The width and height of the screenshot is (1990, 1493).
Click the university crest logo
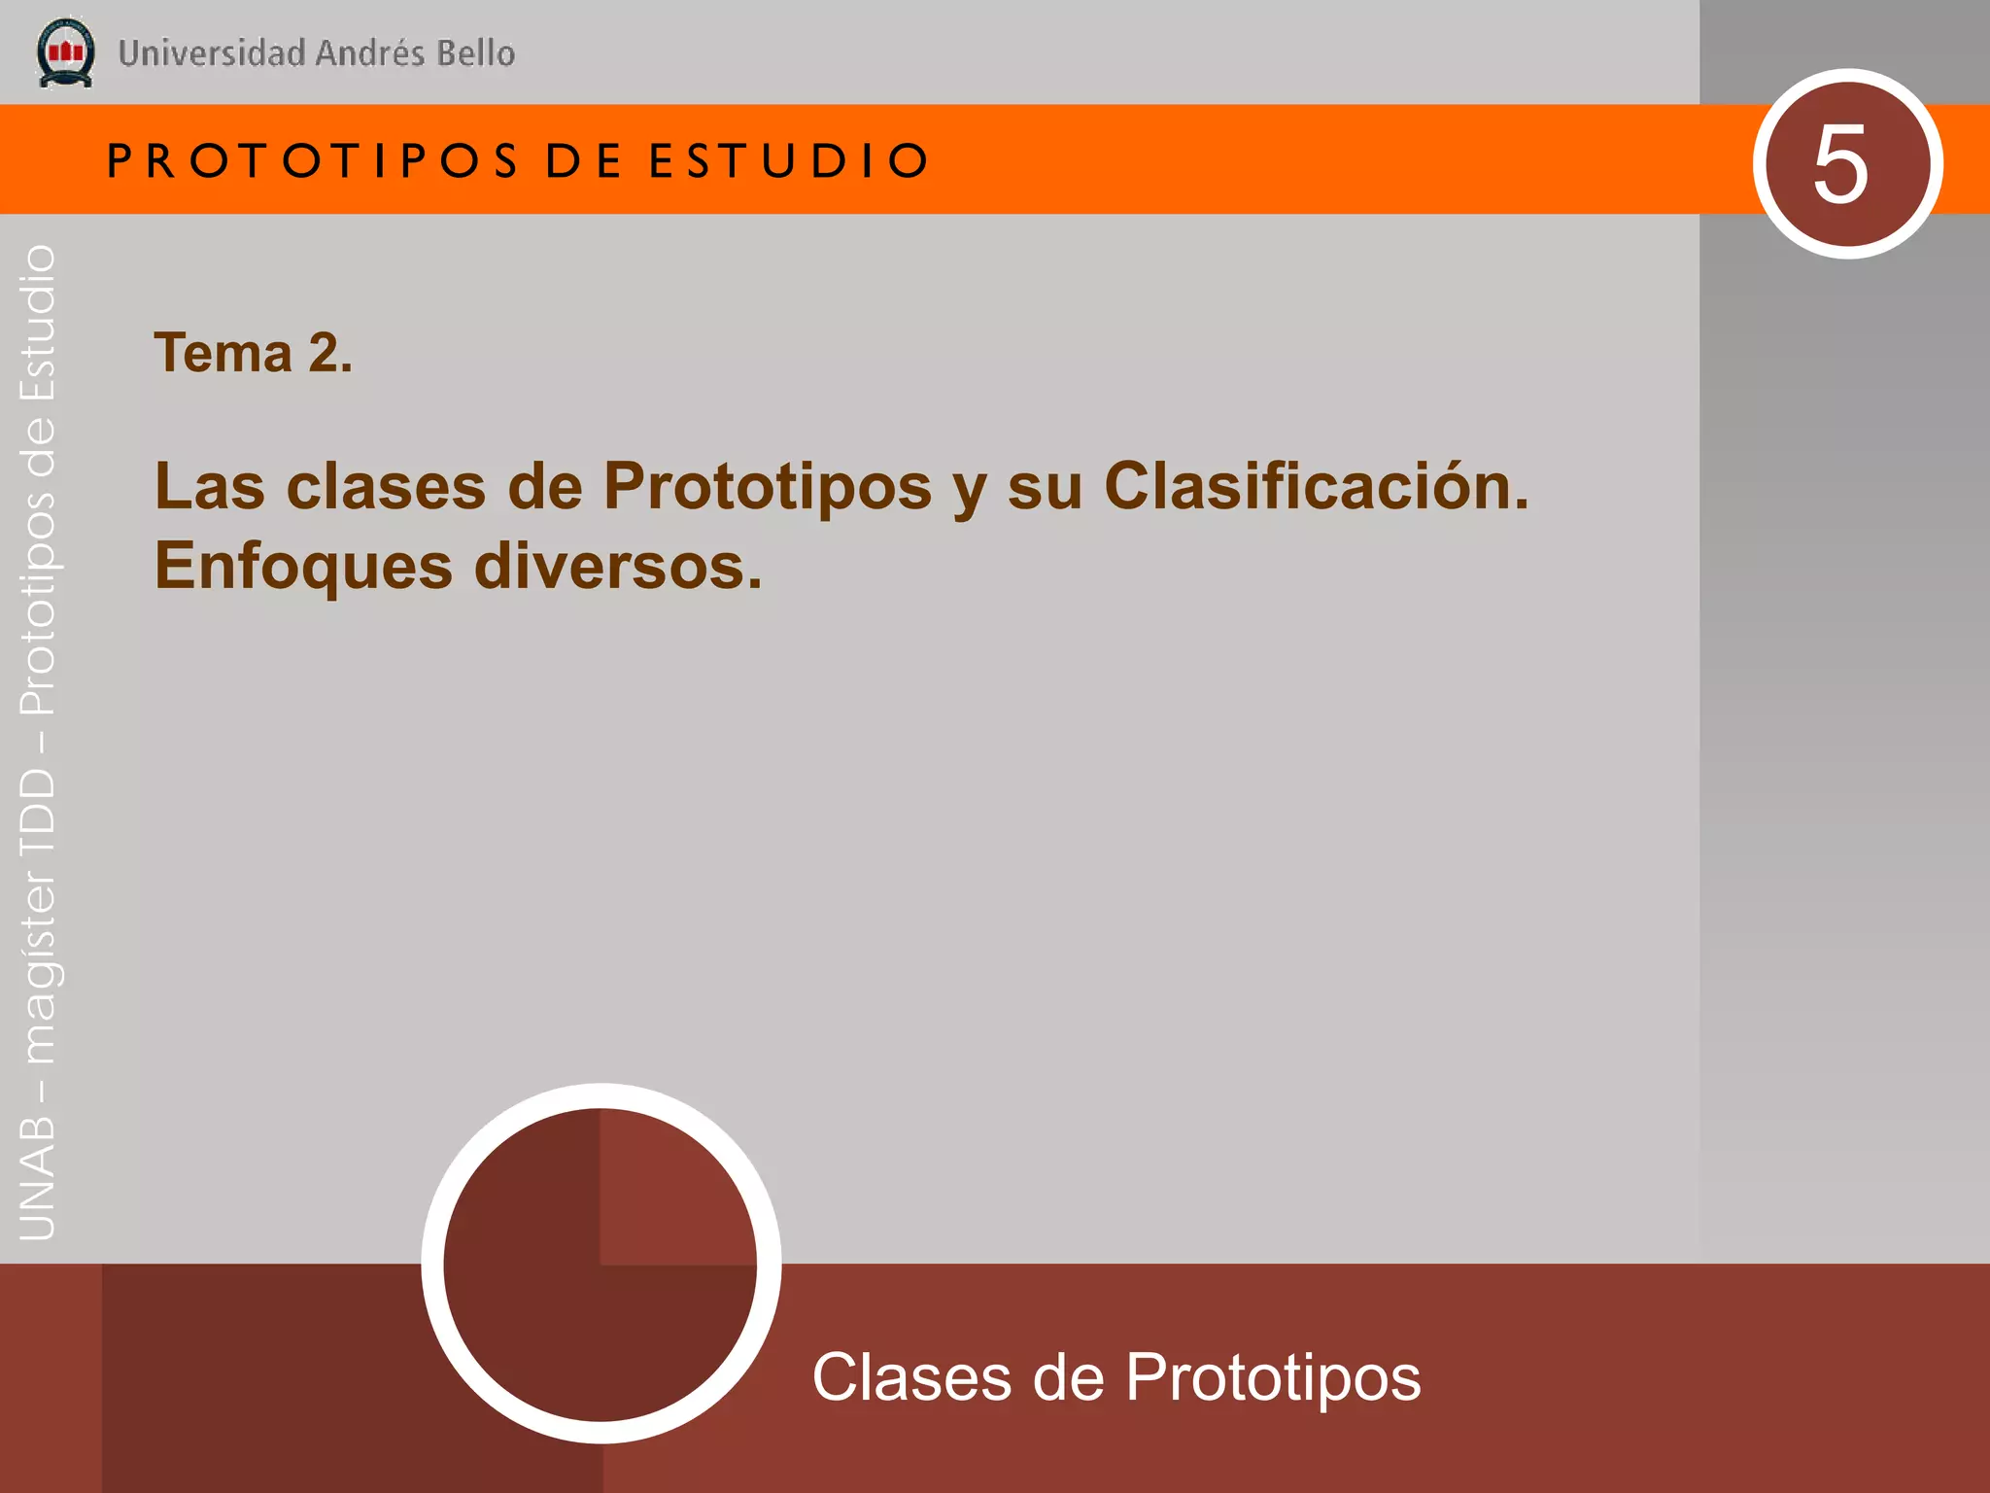(65, 52)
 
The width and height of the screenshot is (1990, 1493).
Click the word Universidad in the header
(212, 53)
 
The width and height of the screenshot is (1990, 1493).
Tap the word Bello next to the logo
(475, 53)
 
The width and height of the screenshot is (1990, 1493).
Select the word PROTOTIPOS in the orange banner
(313, 161)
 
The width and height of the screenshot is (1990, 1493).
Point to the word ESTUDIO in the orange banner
(789, 161)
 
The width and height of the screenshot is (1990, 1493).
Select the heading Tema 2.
(253, 353)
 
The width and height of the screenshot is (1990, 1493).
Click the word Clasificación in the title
(1316, 486)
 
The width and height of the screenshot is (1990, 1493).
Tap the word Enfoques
(303, 566)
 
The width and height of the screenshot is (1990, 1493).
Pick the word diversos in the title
(617, 566)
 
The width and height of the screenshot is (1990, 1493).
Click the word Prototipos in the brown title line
(768, 486)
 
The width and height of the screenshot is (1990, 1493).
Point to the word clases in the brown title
(386, 486)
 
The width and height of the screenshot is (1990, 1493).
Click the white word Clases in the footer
(911, 1377)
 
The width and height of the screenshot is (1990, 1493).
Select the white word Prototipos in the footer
(1273, 1377)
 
